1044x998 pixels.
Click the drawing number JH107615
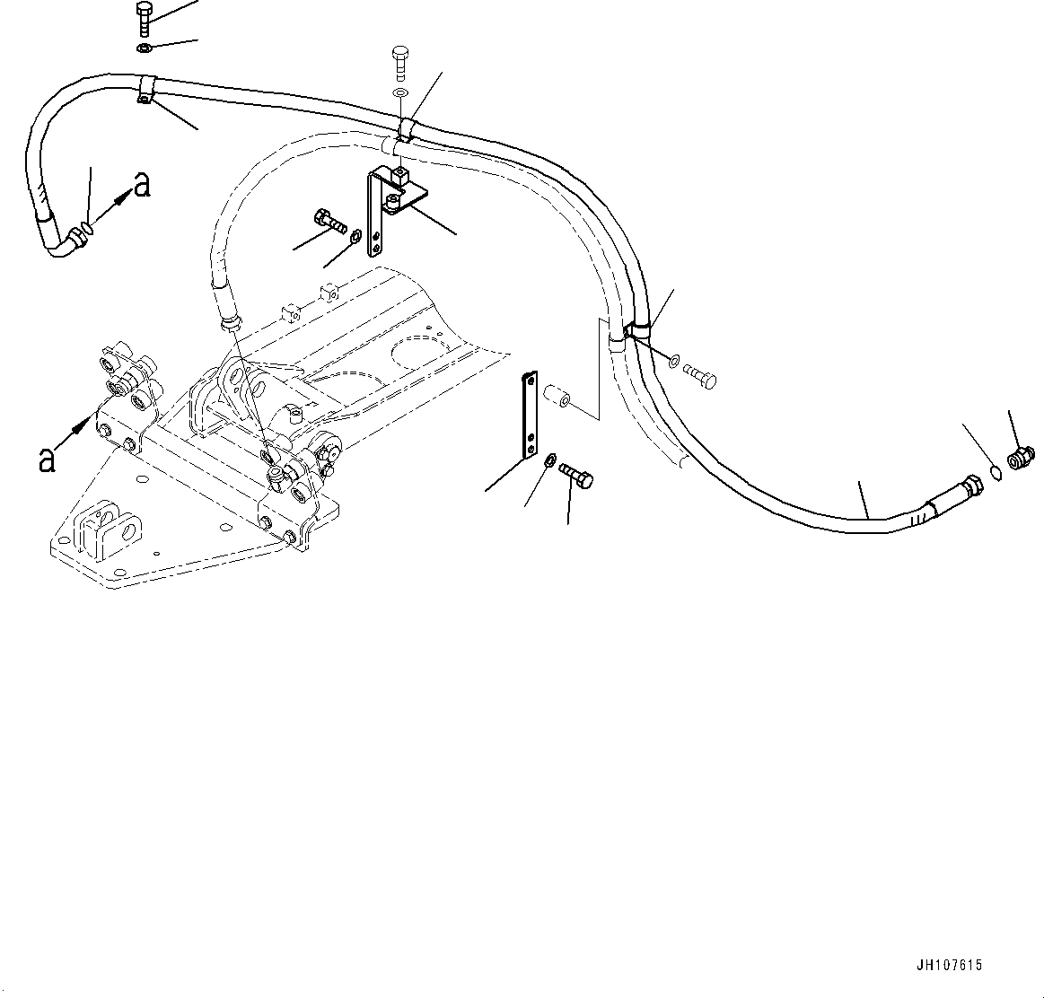[x=949, y=966]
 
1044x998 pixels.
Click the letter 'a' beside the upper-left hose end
[x=141, y=185]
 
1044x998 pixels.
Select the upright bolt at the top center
[x=401, y=62]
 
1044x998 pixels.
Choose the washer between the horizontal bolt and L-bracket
[x=355, y=238]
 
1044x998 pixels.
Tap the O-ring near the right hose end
[x=994, y=473]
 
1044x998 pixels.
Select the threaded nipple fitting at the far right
[x=1021, y=459]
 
